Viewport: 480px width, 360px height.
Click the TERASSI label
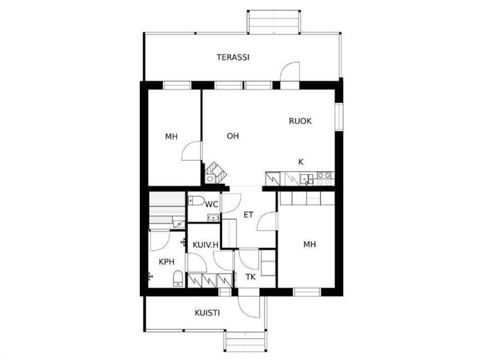[x=233, y=57]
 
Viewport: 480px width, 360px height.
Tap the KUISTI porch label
[x=207, y=313]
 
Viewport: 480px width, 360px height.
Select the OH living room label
[x=233, y=136]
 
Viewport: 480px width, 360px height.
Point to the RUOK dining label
[x=300, y=121]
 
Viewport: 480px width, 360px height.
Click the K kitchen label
[x=301, y=162]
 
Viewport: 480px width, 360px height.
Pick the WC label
[x=212, y=204]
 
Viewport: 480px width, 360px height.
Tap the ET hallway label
[x=248, y=215]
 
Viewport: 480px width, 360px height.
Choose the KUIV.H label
[x=205, y=245]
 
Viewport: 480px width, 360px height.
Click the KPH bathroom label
[x=167, y=262]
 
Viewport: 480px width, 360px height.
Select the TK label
[x=250, y=277]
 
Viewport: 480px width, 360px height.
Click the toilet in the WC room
[x=196, y=201]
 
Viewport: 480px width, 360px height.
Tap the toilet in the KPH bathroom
[x=178, y=278]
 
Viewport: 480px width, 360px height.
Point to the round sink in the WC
[x=213, y=218]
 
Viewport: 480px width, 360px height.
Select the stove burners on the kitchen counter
[x=324, y=179]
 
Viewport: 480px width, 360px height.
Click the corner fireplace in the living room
[x=215, y=173]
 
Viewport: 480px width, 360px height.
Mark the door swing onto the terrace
[x=290, y=72]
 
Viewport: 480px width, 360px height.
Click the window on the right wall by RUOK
[x=338, y=116]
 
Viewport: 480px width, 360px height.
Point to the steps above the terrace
[x=274, y=22]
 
